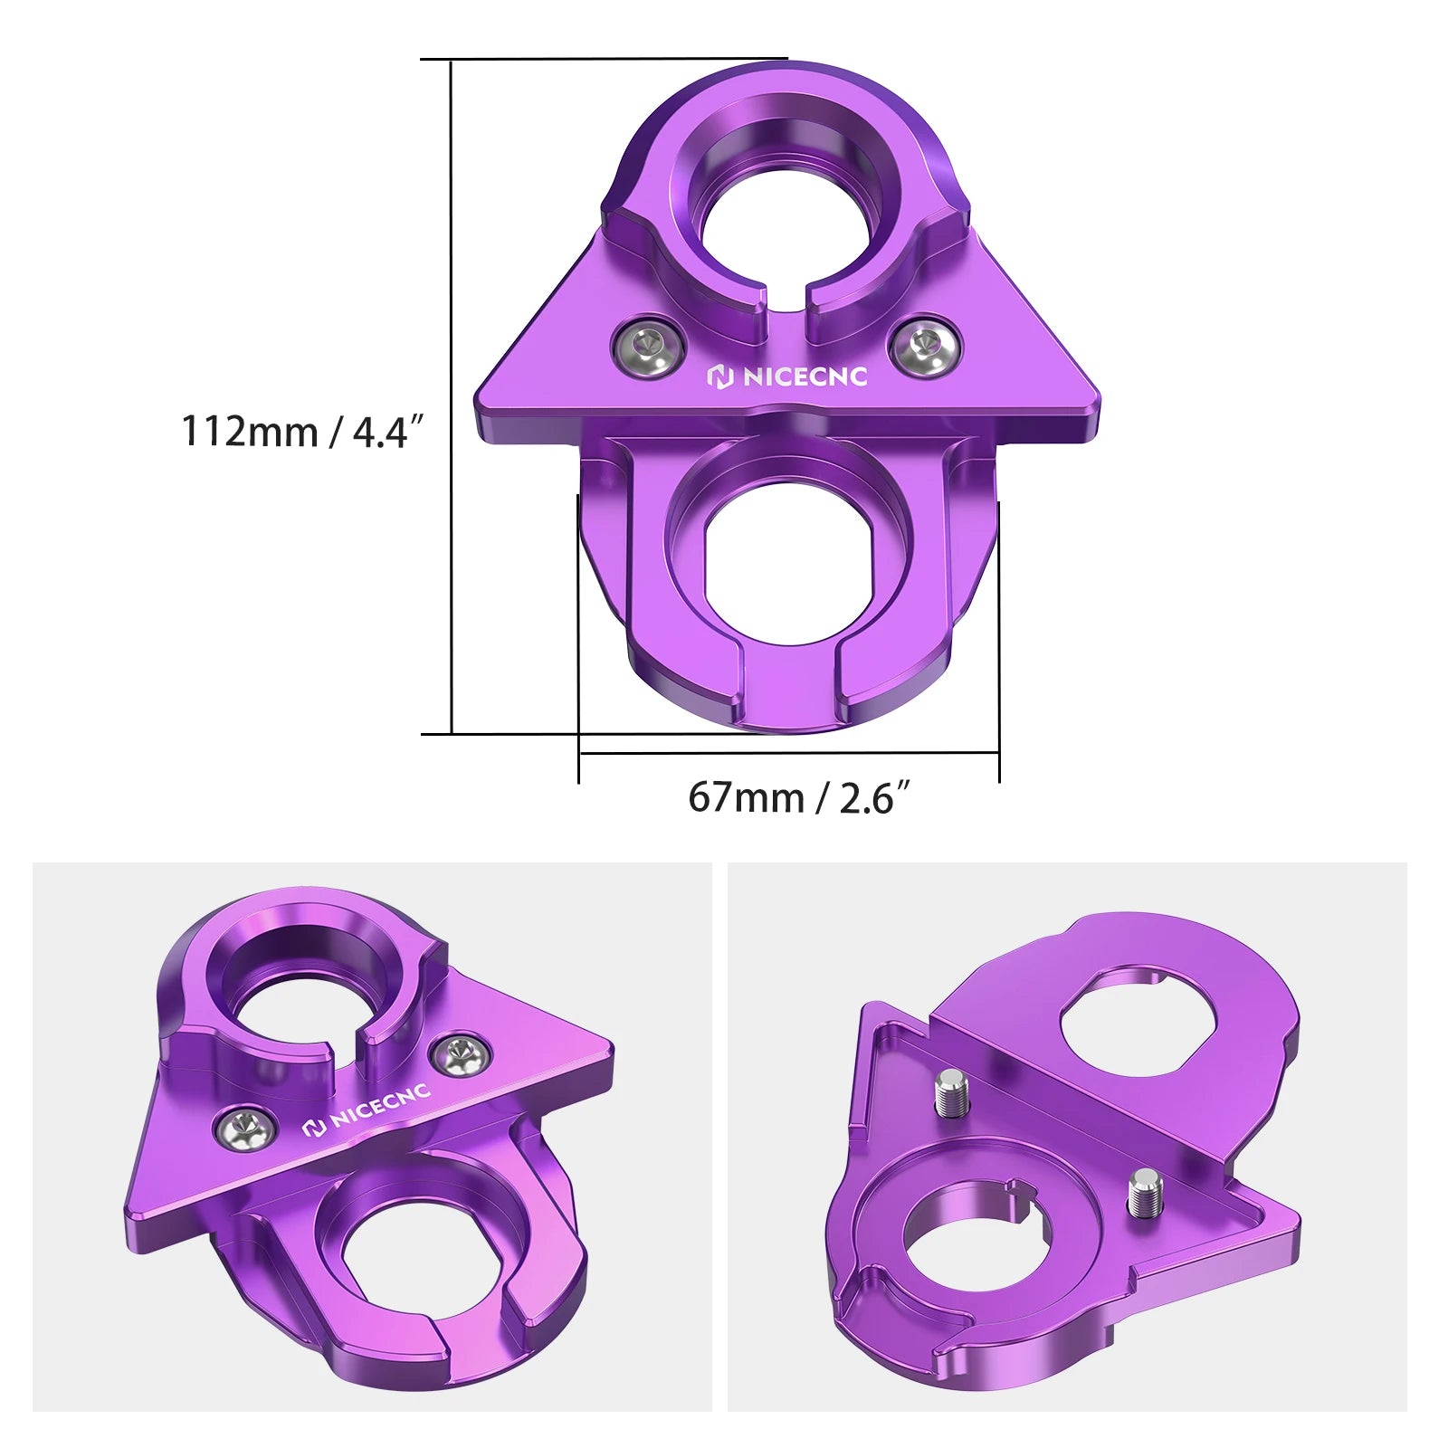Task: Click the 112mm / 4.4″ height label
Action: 302,431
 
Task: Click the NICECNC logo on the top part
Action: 786,376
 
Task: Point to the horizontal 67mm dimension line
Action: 787,752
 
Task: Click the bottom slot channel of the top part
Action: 790,688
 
